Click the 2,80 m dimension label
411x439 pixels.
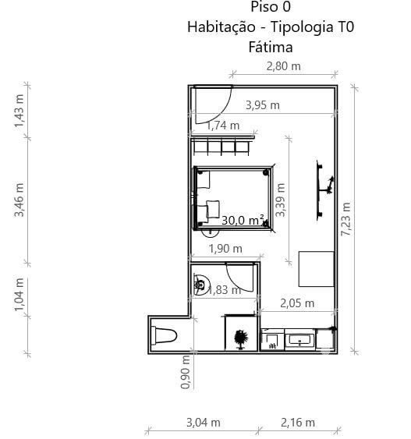tap(283, 66)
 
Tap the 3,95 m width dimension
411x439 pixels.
tap(263, 105)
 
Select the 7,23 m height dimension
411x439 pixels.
tap(345, 219)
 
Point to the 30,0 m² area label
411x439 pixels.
tap(243, 221)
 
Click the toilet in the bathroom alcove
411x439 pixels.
tap(164, 336)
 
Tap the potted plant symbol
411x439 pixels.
tap(241, 339)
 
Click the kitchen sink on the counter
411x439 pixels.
tap(299, 340)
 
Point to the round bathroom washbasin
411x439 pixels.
tap(200, 285)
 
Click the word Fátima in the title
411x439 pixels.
tap(271, 47)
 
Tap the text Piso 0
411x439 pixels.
tap(271, 7)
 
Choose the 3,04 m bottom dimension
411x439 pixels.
tap(204, 423)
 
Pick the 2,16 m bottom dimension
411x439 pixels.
tap(298, 423)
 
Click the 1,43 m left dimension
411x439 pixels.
tap(19, 111)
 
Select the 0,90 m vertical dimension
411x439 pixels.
tap(185, 372)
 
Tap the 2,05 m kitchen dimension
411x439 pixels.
tap(297, 303)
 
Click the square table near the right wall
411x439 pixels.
tap(317, 269)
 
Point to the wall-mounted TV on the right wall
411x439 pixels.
tap(324, 190)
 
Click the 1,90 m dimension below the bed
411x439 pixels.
tap(225, 249)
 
